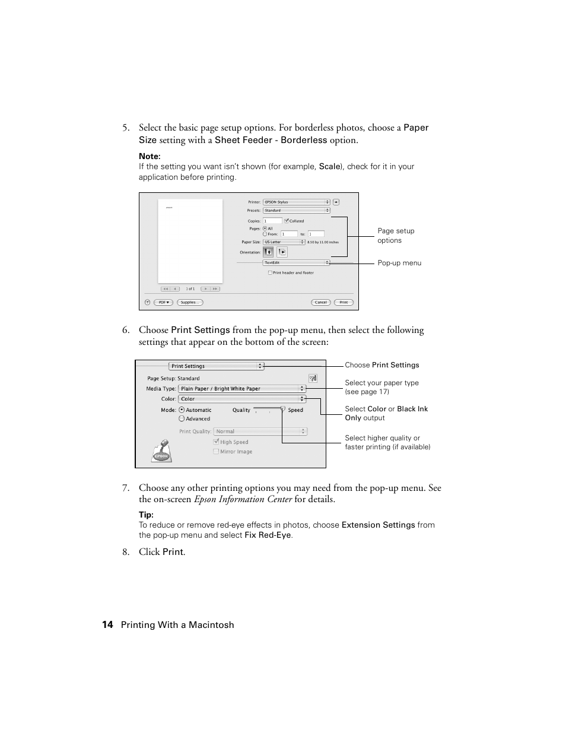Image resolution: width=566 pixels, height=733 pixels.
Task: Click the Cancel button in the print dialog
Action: pos(320,302)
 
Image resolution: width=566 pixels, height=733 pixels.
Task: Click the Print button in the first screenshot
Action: pos(344,302)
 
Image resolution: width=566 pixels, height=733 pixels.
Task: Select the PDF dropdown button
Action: pos(164,302)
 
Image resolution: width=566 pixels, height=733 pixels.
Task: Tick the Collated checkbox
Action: pos(287,221)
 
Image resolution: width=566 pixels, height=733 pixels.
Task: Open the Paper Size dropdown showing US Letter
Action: pos(284,242)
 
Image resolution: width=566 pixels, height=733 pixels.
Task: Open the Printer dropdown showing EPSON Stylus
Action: pos(296,202)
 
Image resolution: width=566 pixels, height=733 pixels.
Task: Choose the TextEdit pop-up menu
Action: pos(296,262)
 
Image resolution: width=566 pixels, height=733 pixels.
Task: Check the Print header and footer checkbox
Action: pos(270,273)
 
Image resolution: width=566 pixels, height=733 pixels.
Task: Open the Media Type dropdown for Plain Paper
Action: pos(241,389)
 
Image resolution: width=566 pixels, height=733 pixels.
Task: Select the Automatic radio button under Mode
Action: pos(182,410)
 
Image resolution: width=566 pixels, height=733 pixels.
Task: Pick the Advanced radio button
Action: pos(182,418)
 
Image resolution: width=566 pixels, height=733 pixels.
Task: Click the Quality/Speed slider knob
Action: pos(283,409)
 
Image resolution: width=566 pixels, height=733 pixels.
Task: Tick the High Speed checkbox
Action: pos(216,442)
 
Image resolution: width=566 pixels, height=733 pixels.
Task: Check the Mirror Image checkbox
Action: pos(216,452)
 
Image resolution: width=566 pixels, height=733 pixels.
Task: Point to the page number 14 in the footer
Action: pos(107,624)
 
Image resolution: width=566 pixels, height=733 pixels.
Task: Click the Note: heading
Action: pos(150,157)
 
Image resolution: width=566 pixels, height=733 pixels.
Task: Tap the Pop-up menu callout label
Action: pos(399,263)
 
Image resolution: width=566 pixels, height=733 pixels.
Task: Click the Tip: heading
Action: pos(146,515)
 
